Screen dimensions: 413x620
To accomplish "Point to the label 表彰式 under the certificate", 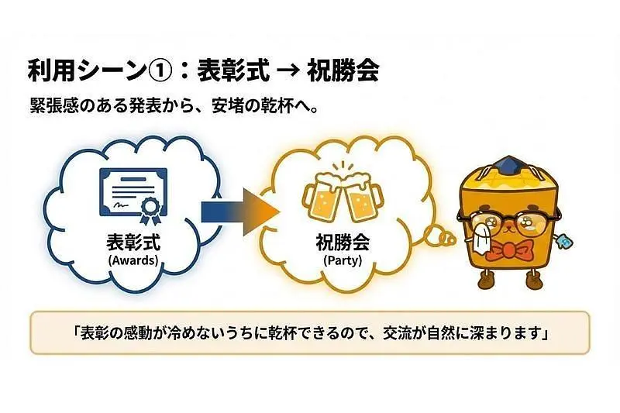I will tap(133, 243).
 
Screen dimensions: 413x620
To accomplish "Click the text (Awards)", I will tap(133, 260).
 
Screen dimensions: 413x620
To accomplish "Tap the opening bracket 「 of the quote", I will tap(74, 333).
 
